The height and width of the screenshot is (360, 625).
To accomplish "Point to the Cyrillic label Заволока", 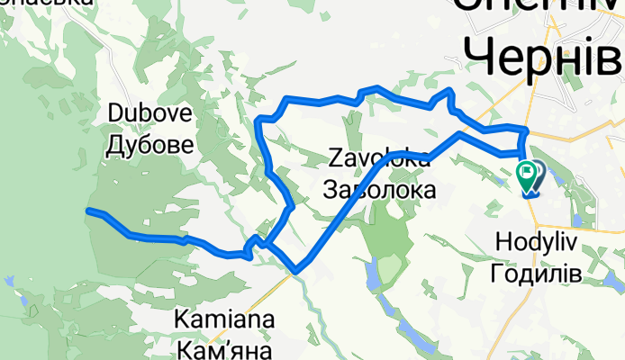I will coord(379,190).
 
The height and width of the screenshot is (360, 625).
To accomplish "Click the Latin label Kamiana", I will coord(225,319).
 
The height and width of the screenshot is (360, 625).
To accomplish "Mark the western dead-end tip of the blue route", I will coord(88,211).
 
